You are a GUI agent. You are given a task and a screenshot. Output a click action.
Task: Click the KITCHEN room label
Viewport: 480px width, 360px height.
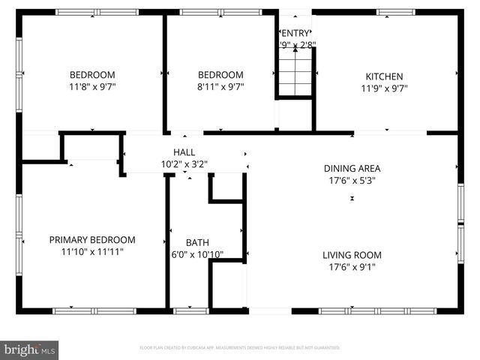384,76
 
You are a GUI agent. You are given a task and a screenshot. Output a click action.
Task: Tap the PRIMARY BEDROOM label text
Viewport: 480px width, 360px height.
92,240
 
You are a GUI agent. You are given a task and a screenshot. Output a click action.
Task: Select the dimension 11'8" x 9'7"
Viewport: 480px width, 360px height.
92,87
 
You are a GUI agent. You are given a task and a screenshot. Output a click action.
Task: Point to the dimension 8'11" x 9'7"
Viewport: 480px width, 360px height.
220,87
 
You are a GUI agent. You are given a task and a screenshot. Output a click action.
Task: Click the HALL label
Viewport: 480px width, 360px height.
184,152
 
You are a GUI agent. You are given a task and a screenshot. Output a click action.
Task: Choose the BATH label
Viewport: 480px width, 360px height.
197,243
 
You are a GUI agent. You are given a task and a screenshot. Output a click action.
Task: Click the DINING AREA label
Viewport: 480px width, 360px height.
352,168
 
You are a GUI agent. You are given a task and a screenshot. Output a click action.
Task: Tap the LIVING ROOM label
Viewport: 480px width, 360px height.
352,255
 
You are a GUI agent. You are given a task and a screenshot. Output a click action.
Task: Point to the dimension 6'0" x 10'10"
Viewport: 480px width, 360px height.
197,255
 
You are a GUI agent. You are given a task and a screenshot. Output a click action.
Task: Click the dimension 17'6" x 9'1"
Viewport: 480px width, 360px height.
352,267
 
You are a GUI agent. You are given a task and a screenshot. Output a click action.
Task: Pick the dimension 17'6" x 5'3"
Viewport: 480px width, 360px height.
352,180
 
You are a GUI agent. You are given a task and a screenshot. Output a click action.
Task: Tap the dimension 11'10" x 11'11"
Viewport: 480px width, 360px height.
92,252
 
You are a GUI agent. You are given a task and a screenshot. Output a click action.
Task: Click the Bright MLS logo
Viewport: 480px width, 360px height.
30,349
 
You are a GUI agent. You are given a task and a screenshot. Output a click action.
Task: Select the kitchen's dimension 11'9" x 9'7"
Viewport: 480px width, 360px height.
384,88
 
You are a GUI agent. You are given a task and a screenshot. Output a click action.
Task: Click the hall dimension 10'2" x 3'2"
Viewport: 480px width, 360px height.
184,163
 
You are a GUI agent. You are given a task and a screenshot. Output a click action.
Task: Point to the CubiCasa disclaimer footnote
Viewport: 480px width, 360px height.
240,348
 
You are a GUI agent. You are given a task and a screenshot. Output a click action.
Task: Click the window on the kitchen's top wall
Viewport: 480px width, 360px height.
395,12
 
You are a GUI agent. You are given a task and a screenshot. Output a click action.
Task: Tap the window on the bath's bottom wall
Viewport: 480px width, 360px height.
190,310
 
